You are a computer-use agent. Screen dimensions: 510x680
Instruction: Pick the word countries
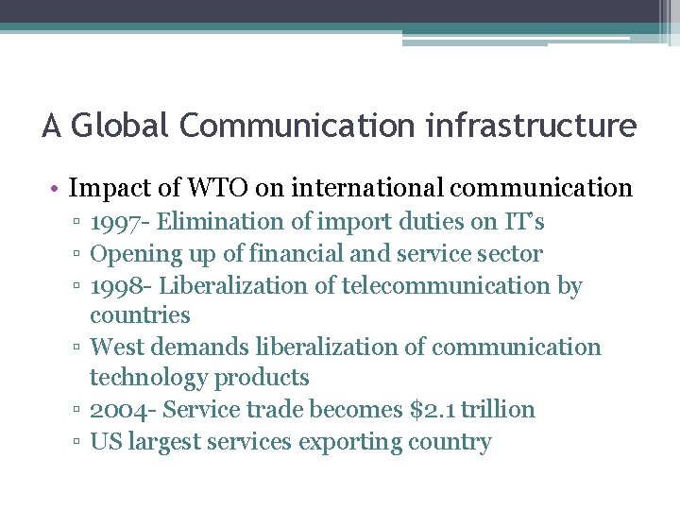click(140, 315)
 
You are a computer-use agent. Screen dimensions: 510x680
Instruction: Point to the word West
click(116, 347)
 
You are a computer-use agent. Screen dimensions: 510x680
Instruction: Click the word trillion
click(498, 410)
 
